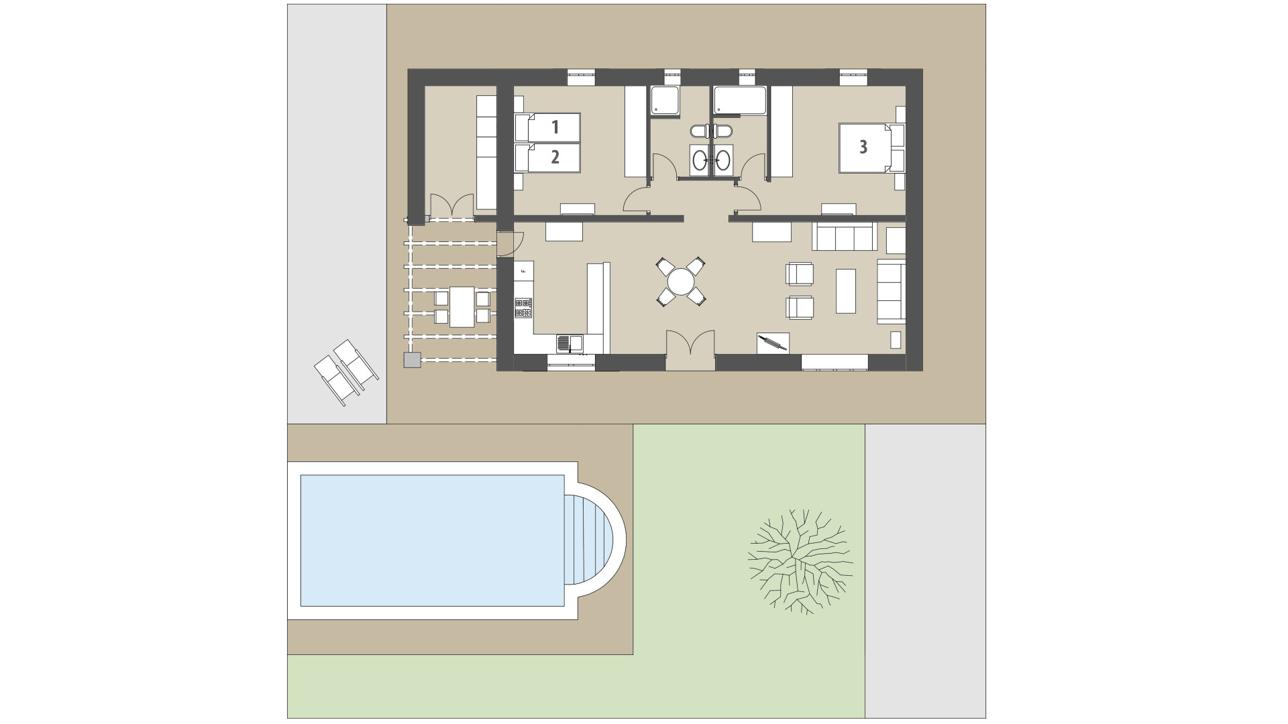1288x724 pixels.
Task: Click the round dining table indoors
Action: tap(681, 282)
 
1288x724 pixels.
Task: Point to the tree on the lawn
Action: tap(800, 562)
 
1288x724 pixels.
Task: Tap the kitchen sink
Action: tap(569, 343)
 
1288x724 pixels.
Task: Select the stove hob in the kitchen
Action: tap(523, 308)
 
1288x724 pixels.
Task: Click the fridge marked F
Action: tap(523, 271)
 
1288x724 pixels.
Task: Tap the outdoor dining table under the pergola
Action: tap(462, 306)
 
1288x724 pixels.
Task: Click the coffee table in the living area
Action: tap(845, 291)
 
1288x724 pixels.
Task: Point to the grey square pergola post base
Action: tap(412, 361)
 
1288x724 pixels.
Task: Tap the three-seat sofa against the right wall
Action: tap(891, 292)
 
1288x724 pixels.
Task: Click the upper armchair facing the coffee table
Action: tap(800, 274)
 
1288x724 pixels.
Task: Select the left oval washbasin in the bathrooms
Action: tap(700, 160)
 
